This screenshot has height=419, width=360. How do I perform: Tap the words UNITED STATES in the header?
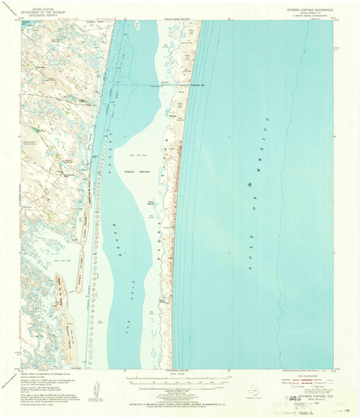click(x=41, y=5)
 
